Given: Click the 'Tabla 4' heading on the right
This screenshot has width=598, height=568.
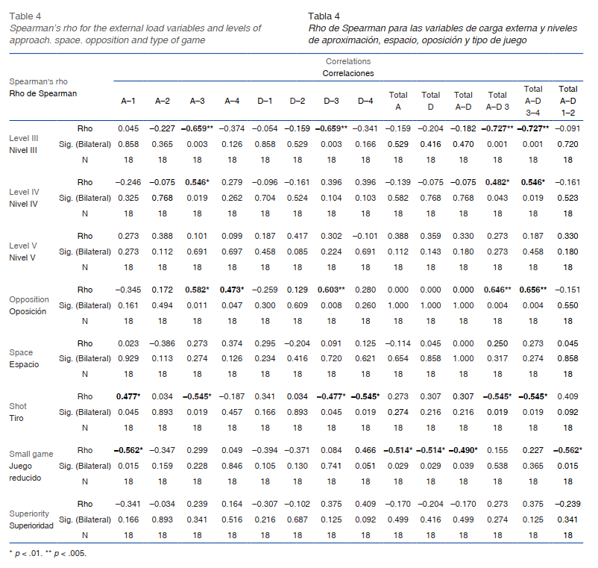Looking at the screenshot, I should (324, 16).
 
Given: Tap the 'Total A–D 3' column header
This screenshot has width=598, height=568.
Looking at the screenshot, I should (497, 100).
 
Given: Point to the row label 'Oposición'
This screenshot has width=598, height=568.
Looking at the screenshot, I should (28, 311).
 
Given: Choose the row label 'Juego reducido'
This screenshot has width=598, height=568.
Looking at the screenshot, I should (26, 471).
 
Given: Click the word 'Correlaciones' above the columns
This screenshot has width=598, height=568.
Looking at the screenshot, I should (347, 74).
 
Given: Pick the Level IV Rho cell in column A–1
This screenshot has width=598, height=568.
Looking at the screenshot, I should (128, 181).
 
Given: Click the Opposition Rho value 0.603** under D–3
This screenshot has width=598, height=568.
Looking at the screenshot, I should (333, 289).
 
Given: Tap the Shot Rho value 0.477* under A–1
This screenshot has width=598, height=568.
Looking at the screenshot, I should (128, 396).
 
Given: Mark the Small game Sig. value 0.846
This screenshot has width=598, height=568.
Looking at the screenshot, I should (231, 466).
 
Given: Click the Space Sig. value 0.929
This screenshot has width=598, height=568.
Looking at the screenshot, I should (128, 358).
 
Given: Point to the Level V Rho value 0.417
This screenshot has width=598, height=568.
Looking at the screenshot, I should (298, 235).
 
